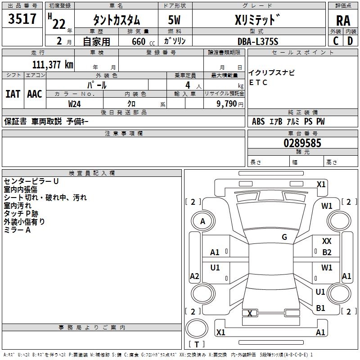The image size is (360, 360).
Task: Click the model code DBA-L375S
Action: [x=258, y=41]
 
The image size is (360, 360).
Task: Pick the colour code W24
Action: [x=75, y=104]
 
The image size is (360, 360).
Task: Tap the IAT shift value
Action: [x=13, y=94]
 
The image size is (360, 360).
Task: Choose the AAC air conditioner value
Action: [x=35, y=94]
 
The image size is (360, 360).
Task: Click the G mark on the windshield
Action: [x=284, y=237]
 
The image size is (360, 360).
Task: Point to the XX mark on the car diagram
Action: [x=327, y=242]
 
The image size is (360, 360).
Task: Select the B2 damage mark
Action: [x=327, y=252]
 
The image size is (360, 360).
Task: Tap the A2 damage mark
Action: [x=194, y=276]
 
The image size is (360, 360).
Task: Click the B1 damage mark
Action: [x=320, y=308]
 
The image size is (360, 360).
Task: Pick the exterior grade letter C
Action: [x=336, y=41]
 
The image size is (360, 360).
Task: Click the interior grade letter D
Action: [x=351, y=41]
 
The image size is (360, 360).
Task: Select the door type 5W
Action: [x=175, y=21]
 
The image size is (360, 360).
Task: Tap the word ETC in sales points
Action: [x=258, y=82]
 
